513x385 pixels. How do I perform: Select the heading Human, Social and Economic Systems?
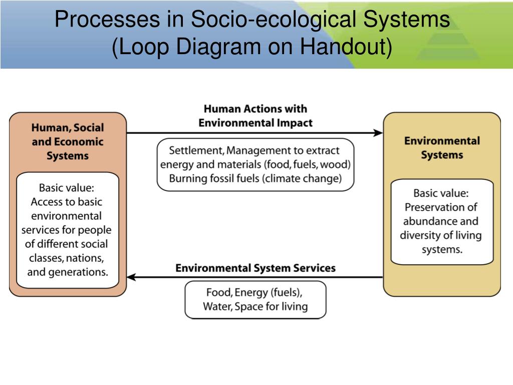pos(68,142)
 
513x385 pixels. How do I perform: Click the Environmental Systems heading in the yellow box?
pos(441,148)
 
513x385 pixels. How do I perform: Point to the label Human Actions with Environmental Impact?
pos(255,116)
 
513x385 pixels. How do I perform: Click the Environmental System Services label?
pos(255,268)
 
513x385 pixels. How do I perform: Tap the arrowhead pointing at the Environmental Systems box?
pos(379,133)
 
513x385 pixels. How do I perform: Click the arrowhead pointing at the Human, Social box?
pos(131,277)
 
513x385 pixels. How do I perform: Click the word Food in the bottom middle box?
pos(217,292)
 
